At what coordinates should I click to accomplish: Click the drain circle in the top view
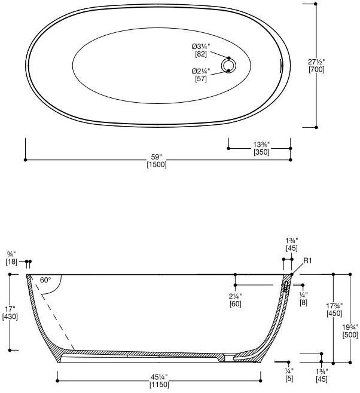[228, 65]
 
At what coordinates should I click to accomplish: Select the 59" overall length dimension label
[157, 158]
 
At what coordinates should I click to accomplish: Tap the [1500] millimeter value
[157, 165]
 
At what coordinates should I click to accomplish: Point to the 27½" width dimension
[316, 62]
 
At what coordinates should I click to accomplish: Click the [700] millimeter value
[316, 70]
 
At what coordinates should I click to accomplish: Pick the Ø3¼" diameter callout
[201, 47]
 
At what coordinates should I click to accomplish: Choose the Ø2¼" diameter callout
[201, 72]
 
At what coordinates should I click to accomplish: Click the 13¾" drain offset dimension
[261, 145]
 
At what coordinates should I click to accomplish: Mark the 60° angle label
[45, 280]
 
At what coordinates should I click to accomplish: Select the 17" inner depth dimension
[10, 309]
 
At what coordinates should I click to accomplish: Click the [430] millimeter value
[10, 317]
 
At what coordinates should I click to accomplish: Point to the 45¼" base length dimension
[158, 376]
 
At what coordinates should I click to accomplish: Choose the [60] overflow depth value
[235, 304]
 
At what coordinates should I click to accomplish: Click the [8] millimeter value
[304, 303]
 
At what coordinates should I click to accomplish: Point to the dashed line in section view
[55, 317]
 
